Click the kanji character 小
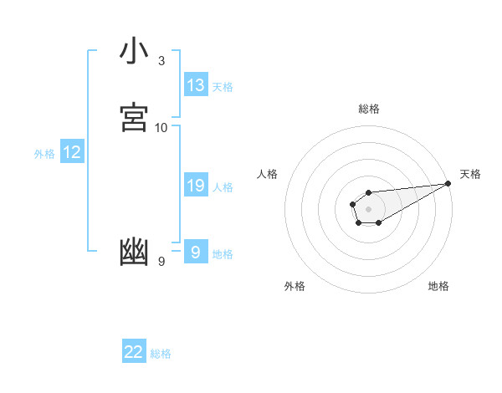[135, 51]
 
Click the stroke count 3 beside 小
[161, 61]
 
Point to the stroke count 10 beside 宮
[161, 128]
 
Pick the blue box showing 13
[196, 85]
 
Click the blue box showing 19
[196, 186]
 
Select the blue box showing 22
[134, 352]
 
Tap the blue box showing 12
[72, 152]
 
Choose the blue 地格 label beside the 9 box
[223, 254]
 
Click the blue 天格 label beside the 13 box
[223, 87]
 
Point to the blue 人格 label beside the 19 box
[223, 187]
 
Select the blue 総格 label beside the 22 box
[161, 354]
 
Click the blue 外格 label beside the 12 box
[44, 154]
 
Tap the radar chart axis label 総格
[369, 109]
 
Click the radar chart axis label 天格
[470, 174]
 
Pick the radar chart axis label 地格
[438, 286]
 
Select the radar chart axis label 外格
[295, 286]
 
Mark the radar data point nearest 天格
[448, 183]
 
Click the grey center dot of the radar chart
[368, 208]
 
